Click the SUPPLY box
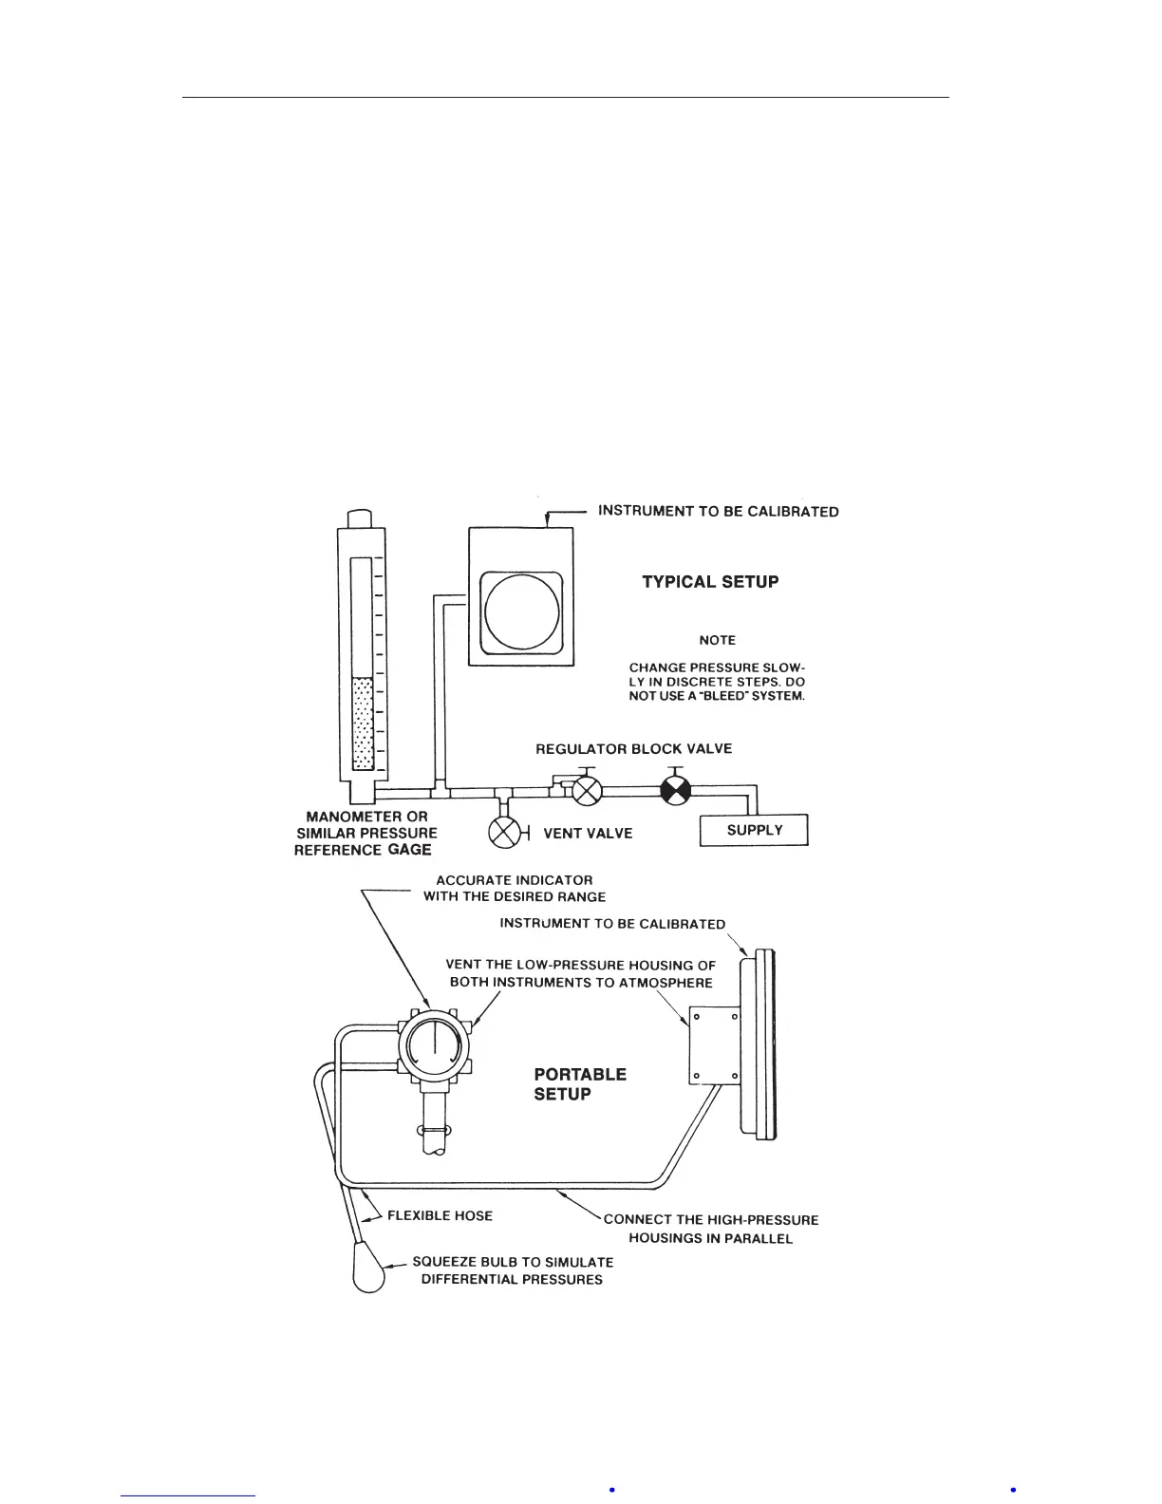coord(754,830)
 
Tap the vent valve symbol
coord(504,833)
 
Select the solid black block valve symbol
coord(675,790)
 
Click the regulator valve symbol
coord(589,790)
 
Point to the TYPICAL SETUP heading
coord(710,582)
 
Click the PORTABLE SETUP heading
coord(580,1084)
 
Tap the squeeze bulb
coord(369,1269)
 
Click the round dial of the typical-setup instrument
coord(521,611)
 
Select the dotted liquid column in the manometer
coord(362,723)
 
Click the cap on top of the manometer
coord(360,518)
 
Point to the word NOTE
coord(717,640)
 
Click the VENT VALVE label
coord(588,834)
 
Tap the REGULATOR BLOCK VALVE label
coord(633,749)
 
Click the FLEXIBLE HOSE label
coord(440,1215)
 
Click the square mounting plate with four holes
coord(714,1045)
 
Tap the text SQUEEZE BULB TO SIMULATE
coord(513,1262)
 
